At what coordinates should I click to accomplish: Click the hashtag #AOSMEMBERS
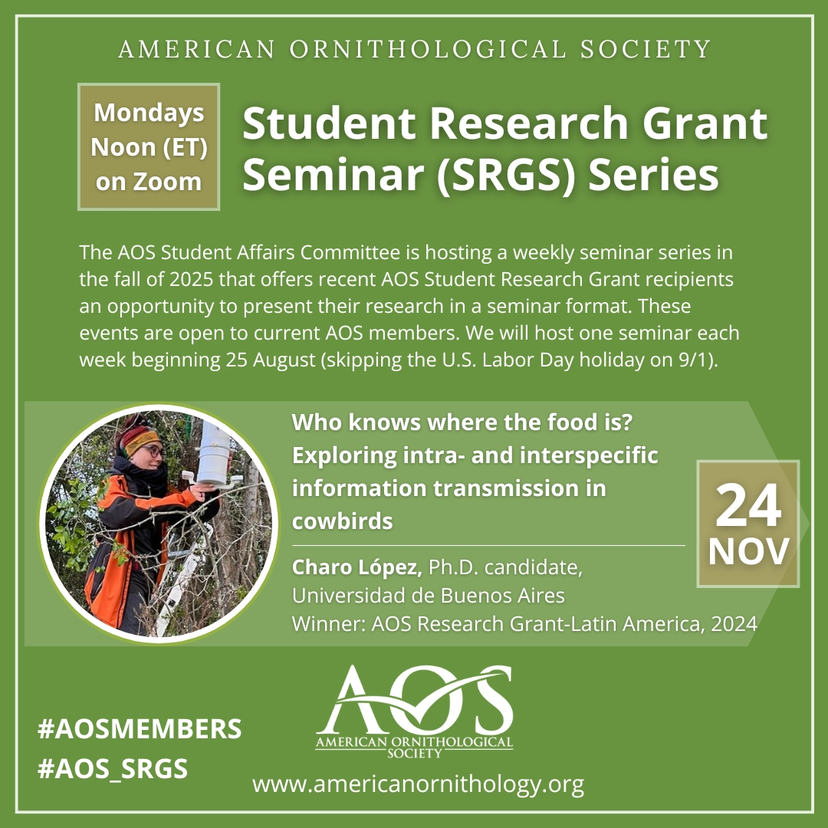[x=140, y=729]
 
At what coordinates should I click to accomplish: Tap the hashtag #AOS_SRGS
[x=113, y=769]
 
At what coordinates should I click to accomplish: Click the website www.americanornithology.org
[x=419, y=784]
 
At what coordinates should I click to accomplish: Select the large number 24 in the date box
[x=748, y=505]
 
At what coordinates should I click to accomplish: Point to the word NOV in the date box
[x=748, y=552]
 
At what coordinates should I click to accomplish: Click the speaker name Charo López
[x=357, y=567]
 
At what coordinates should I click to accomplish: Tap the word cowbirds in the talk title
[x=342, y=521]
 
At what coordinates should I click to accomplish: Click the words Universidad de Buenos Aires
[x=429, y=596]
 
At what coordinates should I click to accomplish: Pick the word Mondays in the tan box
[x=149, y=113]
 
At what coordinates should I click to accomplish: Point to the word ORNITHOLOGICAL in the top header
[x=428, y=49]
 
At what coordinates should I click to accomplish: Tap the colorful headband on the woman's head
[x=138, y=439]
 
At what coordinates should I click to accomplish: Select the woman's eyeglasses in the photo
[x=152, y=452]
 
